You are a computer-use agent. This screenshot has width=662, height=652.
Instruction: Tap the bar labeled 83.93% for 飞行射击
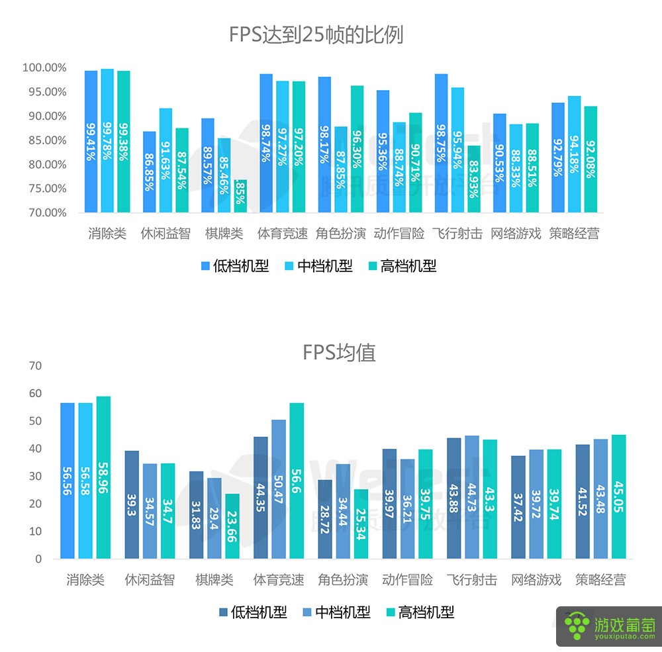point(473,179)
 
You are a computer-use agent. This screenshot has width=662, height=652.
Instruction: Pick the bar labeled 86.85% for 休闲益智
point(150,172)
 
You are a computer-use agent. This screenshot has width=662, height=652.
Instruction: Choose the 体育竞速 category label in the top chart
point(283,234)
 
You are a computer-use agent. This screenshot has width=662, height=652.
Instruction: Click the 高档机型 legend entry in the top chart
point(402,266)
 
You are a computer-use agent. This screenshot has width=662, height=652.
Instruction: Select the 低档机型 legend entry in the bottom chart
point(253,612)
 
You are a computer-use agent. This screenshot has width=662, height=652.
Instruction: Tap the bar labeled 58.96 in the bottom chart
point(103,477)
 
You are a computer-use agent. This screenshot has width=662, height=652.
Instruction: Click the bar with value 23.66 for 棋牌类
point(232,526)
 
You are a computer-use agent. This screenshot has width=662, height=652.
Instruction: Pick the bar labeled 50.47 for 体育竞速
point(279,489)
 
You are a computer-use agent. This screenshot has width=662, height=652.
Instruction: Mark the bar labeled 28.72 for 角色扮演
point(325,519)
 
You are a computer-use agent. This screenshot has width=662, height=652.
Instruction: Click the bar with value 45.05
point(618,496)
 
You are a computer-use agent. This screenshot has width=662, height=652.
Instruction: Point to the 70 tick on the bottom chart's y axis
point(35,366)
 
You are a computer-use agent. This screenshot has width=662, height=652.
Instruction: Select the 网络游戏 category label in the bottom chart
point(536,581)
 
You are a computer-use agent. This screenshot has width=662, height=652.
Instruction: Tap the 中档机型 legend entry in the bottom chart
point(336,612)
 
